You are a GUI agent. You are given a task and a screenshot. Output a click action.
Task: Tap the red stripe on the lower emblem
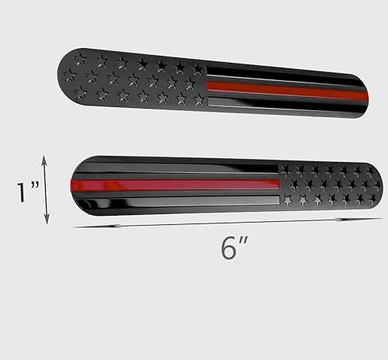tap(175, 185)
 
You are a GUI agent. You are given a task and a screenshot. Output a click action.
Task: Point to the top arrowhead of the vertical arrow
tap(46, 159)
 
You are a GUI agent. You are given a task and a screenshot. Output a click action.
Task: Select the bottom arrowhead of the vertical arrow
tap(46, 220)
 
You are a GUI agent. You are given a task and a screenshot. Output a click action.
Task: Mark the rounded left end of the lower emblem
tap(78, 187)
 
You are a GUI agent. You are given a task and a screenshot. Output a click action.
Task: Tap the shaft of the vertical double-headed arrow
tap(46, 190)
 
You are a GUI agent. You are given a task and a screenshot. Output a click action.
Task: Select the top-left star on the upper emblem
tap(81, 57)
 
